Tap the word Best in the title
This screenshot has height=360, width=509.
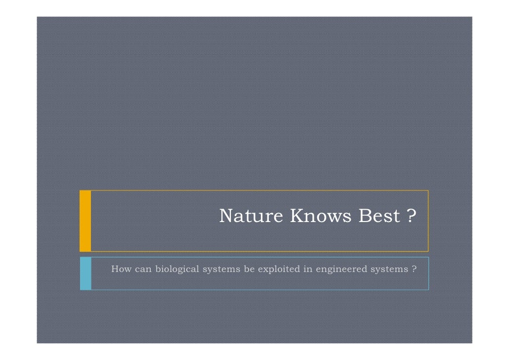[x=377, y=216]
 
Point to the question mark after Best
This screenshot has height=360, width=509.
[x=410, y=216]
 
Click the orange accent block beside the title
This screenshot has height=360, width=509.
[x=85, y=221]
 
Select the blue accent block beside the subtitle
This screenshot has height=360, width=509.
[x=85, y=273]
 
